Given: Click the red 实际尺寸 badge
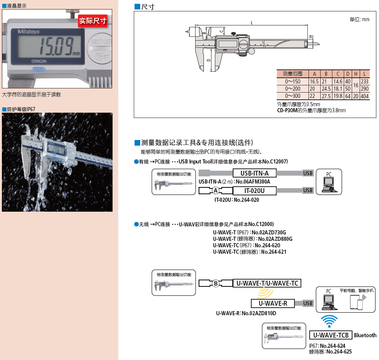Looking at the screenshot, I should [93, 21].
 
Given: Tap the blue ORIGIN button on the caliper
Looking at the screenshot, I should [39, 69].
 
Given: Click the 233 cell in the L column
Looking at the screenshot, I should [365, 82].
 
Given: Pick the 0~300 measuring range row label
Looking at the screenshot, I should [293, 96].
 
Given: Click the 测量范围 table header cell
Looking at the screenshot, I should [293, 74].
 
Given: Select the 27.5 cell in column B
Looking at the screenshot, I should [326, 96].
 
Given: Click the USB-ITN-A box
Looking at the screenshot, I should [255, 173].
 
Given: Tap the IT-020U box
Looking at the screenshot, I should [255, 190].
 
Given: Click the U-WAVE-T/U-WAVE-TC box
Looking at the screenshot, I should [267, 283].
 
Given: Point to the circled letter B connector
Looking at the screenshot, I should [215, 283].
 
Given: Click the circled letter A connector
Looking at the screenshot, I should [215, 190].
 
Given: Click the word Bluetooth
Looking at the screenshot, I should [365, 335].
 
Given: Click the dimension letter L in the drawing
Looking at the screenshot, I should [252, 23].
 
